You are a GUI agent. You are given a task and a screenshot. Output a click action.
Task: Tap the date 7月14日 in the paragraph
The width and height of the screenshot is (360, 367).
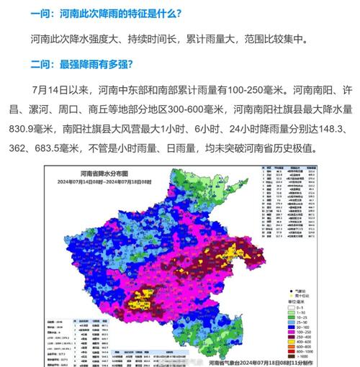(x=54, y=91)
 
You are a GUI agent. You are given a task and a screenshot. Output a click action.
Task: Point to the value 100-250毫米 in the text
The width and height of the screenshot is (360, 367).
(x=277, y=91)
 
